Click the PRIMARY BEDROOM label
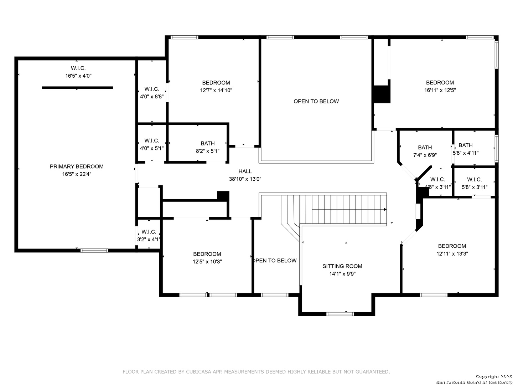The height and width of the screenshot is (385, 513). [77, 166]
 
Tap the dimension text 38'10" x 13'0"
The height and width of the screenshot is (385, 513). [245, 179]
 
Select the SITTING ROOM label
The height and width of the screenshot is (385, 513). [342, 266]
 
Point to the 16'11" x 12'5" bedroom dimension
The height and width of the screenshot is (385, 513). [440, 90]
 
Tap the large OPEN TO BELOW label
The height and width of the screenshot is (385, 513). [316, 101]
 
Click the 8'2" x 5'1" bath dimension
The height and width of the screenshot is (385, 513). [208, 151]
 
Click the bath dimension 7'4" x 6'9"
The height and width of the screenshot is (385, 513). [425, 155]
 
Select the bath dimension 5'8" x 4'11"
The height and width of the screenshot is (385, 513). [466, 153]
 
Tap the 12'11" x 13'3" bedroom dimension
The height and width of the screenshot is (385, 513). [452, 253]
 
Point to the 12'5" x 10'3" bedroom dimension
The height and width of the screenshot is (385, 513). [207, 262]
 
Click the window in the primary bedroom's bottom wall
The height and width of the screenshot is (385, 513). [94, 251]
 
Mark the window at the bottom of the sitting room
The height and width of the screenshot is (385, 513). [340, 314]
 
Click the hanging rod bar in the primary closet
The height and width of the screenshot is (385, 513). [77, 88]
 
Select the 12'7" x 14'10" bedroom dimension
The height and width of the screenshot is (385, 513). [216, 90]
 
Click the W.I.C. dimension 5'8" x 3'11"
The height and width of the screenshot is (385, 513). [475, 187]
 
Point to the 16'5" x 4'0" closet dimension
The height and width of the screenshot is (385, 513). [78, 76]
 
